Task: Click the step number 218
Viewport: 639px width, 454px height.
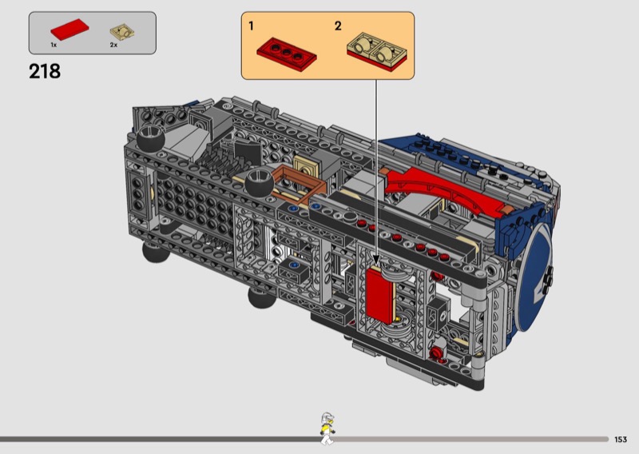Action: [x=45, y=71]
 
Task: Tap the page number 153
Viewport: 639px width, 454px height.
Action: [x=621, y=440]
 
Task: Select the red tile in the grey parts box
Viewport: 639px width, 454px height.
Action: [x=69, y=30]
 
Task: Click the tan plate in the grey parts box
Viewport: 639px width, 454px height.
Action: [x=122, y=32]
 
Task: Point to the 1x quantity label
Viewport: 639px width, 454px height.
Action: [x=54, y=45]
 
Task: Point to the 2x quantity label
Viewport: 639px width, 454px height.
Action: [x=113, y=45]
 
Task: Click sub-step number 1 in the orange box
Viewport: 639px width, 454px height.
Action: [x=251, y=26]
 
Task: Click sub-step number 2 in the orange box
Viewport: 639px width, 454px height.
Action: [x=338, y=26]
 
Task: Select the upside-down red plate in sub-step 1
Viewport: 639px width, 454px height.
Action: [x=287, y=54]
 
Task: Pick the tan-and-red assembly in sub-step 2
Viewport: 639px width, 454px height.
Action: [x=377, y=51]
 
